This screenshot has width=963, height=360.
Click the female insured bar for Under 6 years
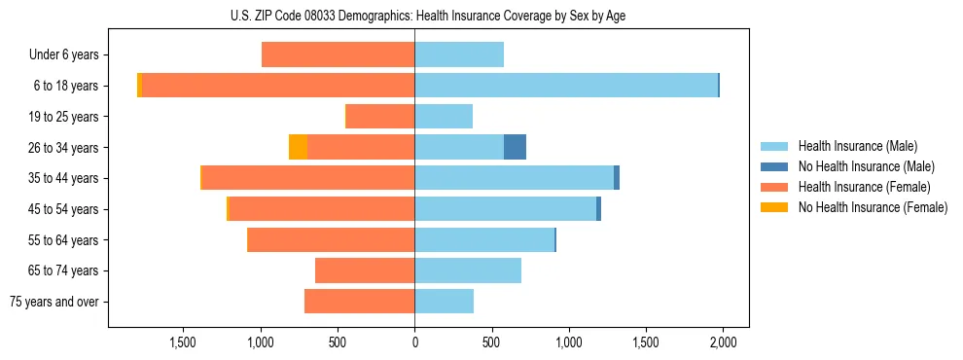(339, 54)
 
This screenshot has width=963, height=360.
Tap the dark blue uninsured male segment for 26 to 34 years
(515, 147)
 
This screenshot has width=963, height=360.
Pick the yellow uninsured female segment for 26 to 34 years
(299, 147)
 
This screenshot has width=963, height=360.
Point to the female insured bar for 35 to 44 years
(308, 178)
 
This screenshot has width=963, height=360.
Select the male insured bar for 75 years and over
(445, 302)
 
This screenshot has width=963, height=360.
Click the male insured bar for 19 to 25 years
(444, 117)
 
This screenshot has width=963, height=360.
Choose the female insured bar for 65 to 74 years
(365, 270)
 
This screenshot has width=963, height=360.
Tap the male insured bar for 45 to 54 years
(506, 209)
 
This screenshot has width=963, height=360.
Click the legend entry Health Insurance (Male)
(857, 146)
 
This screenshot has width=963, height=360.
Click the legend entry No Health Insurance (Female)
(873, 207)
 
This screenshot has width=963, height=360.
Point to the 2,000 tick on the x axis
(723, 342)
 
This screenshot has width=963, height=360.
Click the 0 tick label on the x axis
(415, 342)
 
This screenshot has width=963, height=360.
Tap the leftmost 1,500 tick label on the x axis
(184, 342)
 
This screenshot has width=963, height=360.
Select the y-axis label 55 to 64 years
(63, 240)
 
